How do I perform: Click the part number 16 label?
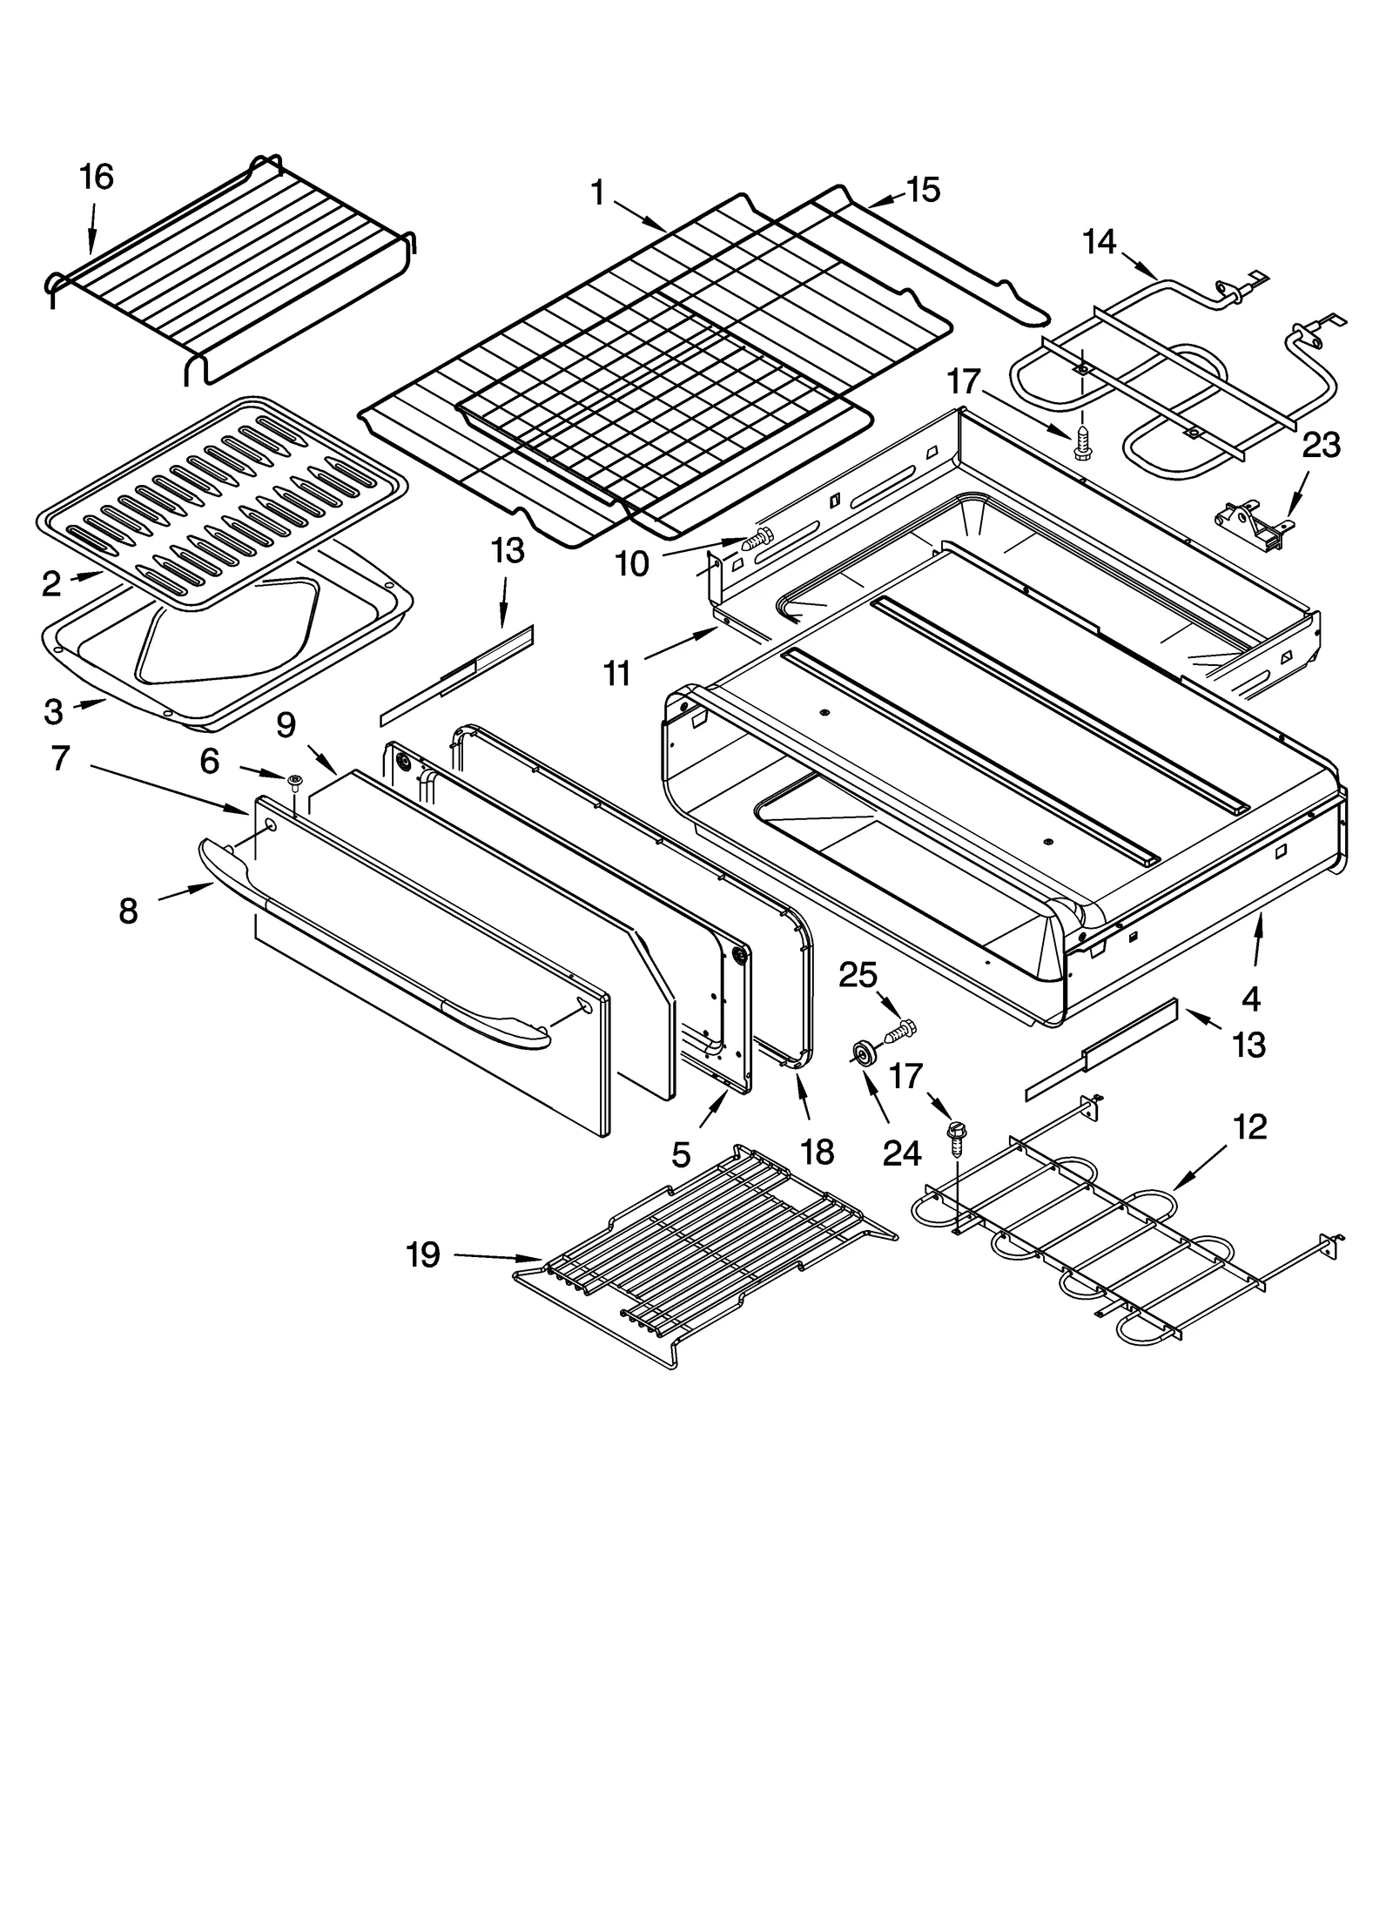[x=97, y=178]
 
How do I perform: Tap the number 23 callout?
[x=1320, y=446]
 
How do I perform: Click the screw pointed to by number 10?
[x=759, y=540]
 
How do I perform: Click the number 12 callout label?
[x=1249, y=1127]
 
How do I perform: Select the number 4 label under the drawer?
[x=1251, y=999]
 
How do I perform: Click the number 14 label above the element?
[x=1100, y=242]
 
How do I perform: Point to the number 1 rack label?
[x=597, y=192]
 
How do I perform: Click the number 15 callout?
[x=924, y=190]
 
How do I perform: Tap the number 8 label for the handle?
[x=128, y=911]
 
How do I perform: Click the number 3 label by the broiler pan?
[x=53, y=712]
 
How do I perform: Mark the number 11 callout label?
[x=617, y=673]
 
